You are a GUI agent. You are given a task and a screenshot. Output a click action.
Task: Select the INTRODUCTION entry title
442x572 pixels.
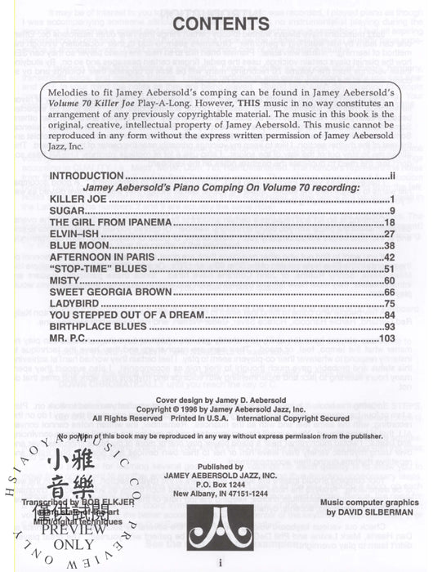pos(87,176)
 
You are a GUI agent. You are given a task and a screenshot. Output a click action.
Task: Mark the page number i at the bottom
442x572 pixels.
pos(221,562)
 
